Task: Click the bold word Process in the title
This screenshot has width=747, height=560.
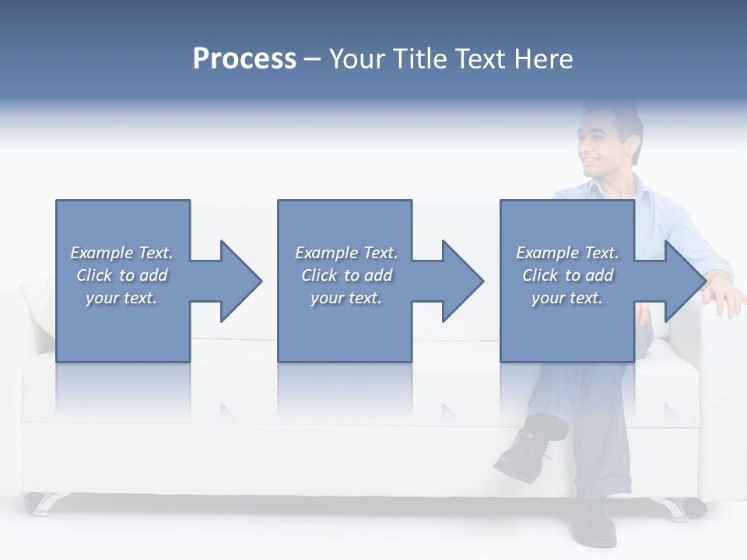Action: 244,59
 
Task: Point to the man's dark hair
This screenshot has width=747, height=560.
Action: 622,117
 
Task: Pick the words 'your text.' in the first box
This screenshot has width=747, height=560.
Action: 121,298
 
